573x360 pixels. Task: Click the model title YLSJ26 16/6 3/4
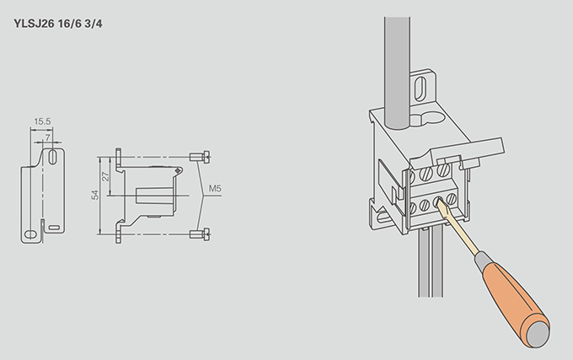(58, 24)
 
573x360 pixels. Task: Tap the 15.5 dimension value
(42, 121)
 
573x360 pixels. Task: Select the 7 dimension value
(47, 137)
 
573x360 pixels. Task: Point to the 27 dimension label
(105, 177)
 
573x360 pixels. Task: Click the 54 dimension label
(95, 195)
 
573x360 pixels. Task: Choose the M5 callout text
(215, 189)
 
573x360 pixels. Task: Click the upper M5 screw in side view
(200, 157)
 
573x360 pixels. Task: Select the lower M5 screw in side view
(200, 234)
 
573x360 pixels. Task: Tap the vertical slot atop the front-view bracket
(52, 157)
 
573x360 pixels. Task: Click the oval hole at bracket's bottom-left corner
(30, 234)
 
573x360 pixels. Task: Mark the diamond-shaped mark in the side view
(178, 170)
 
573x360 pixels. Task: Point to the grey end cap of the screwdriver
(537, 334)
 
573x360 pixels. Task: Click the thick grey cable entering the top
(397, 73)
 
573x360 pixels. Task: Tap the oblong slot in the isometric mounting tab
(420, 89)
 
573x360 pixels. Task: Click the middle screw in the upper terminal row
(426, 174)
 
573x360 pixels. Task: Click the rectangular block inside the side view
(154, 196)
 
